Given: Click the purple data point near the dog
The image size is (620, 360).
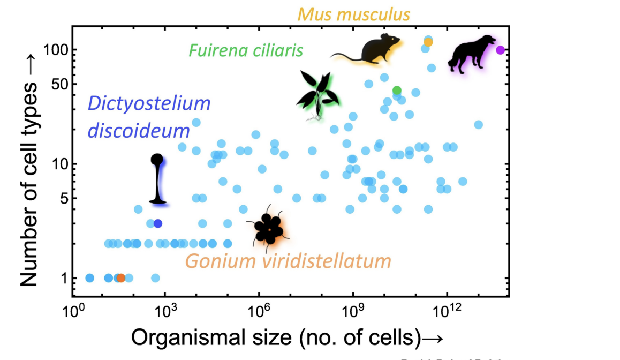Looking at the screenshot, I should tap(501, 50).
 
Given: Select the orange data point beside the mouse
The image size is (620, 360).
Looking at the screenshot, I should tap(428, 42).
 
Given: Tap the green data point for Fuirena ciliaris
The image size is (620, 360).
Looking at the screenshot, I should tap(397, 90).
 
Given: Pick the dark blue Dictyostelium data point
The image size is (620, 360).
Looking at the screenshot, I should tap(157, 223).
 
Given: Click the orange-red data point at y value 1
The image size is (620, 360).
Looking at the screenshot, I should tap(121, 278).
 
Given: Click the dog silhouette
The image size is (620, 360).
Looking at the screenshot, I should tap(471, 52).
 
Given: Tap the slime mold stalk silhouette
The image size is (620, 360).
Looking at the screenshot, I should tap(157, 180).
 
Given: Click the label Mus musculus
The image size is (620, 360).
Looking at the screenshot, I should tap(353, 13).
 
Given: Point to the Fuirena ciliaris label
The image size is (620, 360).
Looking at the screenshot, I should tap(246, 51).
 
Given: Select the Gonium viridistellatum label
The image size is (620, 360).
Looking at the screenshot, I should tap(288, 261).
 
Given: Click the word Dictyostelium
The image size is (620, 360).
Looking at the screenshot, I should tap(149, 104).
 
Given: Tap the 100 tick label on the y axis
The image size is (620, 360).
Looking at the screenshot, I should tap(53, 50).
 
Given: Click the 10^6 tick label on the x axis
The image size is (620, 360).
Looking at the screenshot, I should tap(259, 310).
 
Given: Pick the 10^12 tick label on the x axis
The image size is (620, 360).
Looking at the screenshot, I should tap(447, 310).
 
